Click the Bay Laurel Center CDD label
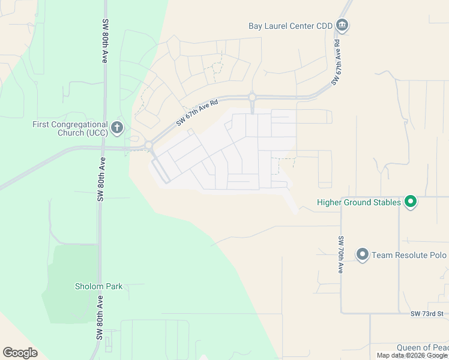pos(291,26)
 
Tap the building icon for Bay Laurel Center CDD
pos(343,25)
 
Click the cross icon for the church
pos(117,128)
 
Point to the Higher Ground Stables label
pos(358,202)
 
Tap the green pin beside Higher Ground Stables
pos(411,202)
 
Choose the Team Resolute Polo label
pos(409,255)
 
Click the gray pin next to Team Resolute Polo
pos(362,255)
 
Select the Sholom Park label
pos(98,286)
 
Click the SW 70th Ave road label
pos(340,254)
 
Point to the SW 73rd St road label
pos(427,314)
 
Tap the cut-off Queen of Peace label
pos(423,348)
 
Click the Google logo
pos(20,353)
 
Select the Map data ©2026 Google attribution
pos(412,355)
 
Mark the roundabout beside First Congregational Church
pos(148,145)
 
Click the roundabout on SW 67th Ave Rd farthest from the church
pos(252,97)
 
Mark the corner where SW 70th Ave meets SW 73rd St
pos(341,313)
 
